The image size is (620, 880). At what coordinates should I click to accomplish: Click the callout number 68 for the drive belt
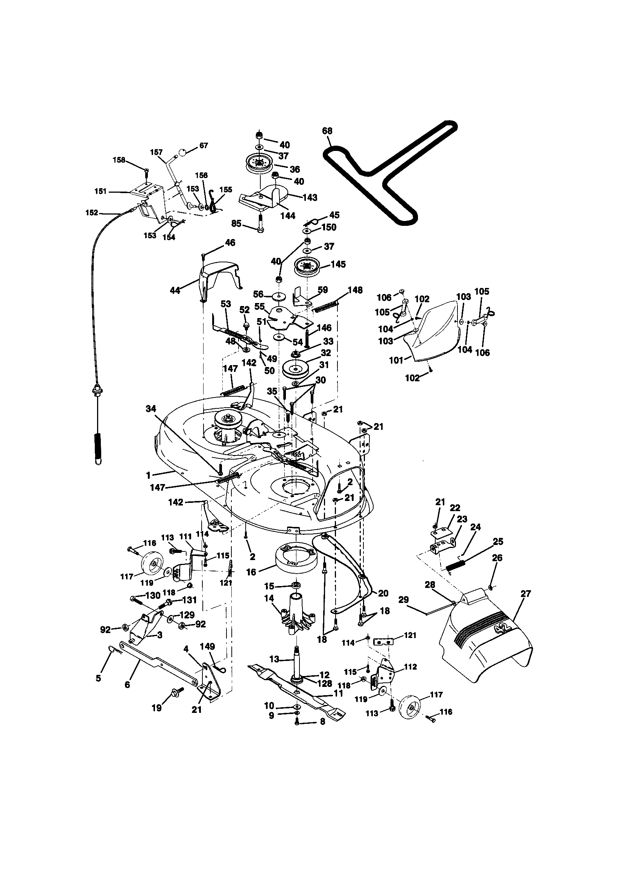[x=327, y=131]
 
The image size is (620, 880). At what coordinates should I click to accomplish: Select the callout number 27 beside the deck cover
[x=526, y=594]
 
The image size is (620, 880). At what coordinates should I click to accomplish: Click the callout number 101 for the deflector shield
[x=396, y=360]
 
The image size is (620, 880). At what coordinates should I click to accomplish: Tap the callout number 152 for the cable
[x=92, y=213]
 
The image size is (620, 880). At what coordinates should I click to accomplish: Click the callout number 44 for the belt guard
[x=175, y=291]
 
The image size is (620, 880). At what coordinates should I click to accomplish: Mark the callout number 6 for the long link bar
[x=127, y=684]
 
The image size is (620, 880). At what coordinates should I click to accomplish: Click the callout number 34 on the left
[x=151, y=409]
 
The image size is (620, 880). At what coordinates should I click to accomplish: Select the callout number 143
[x=310, y=197]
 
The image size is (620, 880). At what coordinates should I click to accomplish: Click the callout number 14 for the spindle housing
[x=269, y=609]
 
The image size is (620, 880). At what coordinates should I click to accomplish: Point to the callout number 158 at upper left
[x=119, y=160]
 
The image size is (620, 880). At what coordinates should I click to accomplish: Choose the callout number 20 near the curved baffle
[x=383, y=593]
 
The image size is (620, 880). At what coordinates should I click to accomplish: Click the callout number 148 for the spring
[x=355, y=290]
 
